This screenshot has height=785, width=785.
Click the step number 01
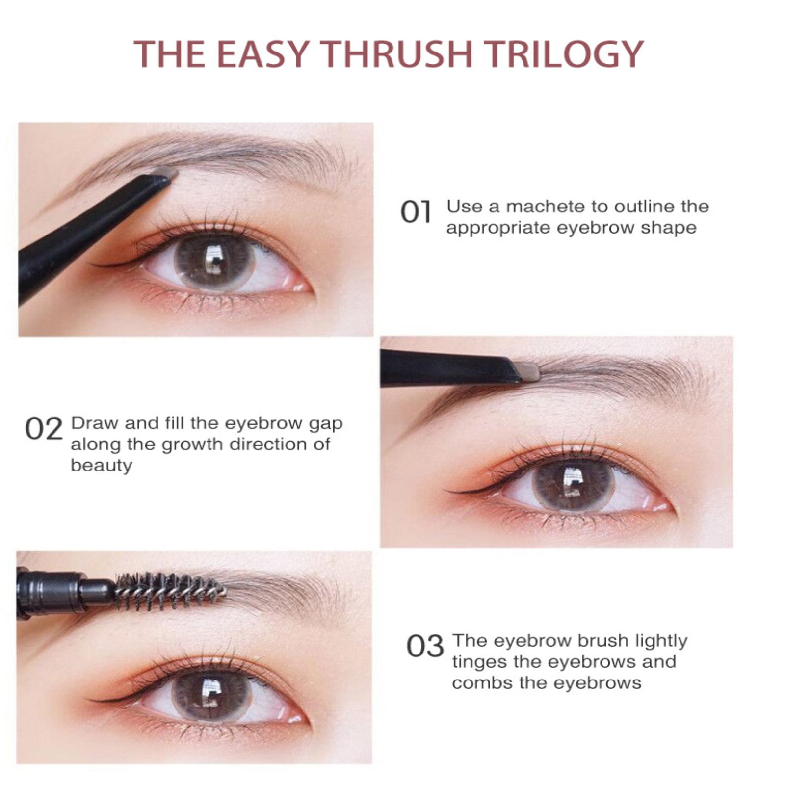[416, 212]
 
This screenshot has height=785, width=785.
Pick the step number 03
[425, 646]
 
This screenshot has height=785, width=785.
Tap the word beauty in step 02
[102, 466]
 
